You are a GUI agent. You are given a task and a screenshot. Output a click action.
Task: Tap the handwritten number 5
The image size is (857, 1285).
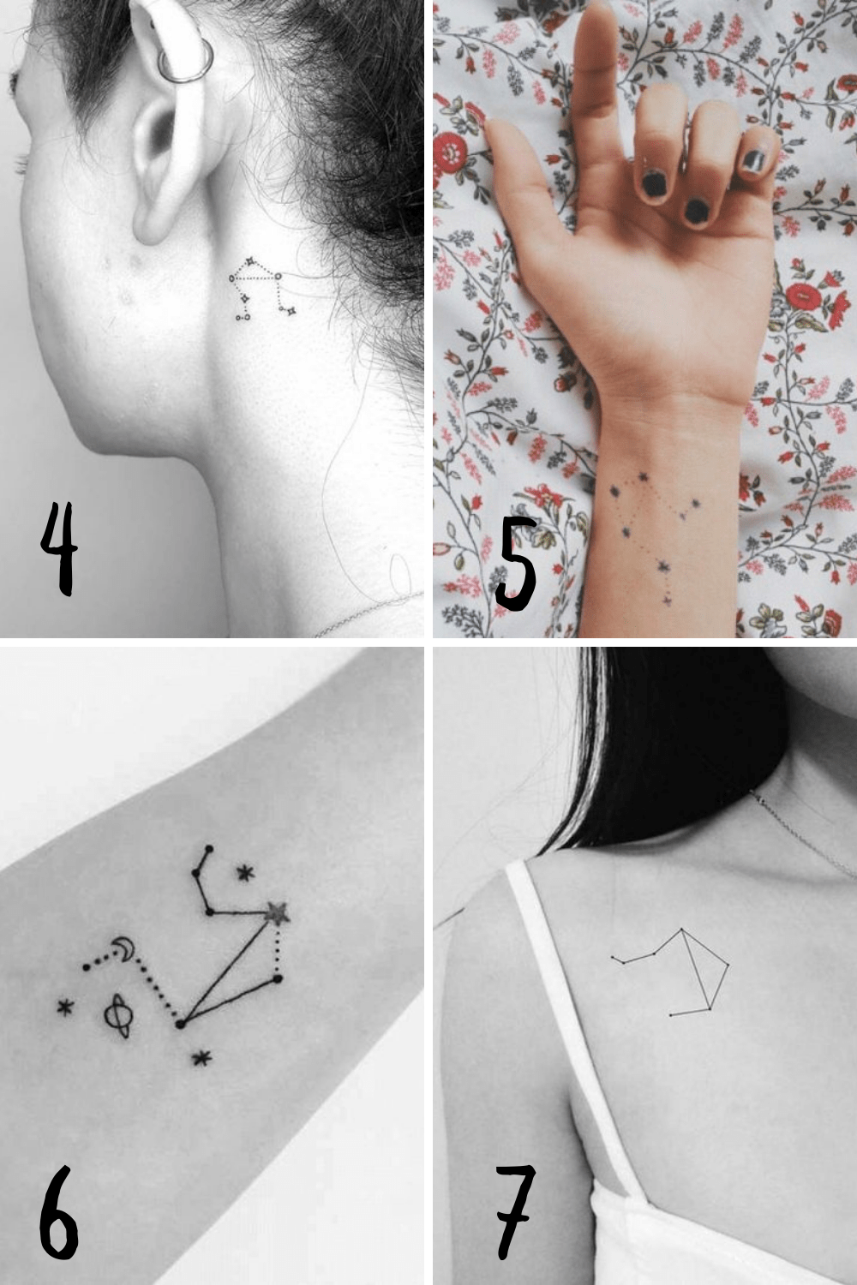click(517, 564)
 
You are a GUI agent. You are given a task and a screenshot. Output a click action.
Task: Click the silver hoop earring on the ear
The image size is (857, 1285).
click(186, 64)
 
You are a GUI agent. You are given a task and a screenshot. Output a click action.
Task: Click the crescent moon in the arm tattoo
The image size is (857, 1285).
click(125, 948)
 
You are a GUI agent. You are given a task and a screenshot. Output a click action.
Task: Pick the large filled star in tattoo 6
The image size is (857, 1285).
click(277, 913)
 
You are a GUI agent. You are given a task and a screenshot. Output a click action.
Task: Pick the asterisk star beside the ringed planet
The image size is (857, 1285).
click(65, 1007)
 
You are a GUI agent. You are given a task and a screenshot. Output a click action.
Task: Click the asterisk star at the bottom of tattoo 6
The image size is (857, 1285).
click(202, 1059)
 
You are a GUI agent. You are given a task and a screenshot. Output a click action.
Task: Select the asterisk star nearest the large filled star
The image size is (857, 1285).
click(246, 874)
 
